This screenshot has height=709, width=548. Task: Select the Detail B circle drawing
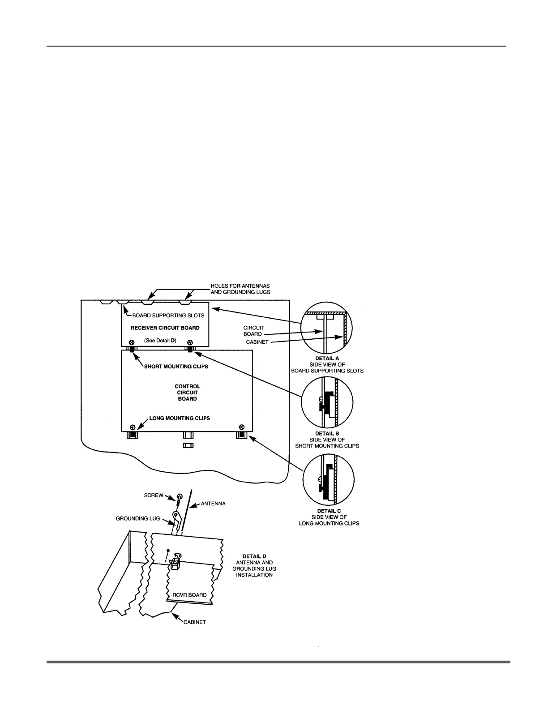pos(327,402)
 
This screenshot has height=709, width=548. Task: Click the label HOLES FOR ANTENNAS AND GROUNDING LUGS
pos(240,289)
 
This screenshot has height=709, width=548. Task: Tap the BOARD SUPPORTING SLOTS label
pos(168,315)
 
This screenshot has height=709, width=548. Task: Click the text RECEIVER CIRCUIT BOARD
pos(165,328)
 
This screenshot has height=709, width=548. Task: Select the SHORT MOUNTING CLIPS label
pos(176,366)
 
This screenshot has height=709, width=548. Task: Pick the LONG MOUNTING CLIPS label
pos(180,418)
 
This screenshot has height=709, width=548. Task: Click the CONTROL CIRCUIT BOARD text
pos(187,392)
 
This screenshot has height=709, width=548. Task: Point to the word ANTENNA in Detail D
pos(213,504)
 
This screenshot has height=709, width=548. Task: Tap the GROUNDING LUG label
pos(138,519)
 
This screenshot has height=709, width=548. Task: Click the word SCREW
pos(154,495)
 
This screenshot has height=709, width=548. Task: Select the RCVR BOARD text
pos(190,595)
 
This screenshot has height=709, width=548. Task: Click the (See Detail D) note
pos(160,340)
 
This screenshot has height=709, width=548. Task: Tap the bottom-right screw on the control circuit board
pos(242,427)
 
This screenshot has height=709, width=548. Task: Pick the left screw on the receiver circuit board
pos(132,342)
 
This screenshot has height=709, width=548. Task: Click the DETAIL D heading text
pos(254,556)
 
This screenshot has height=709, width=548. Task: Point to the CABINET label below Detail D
pos(195,622)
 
